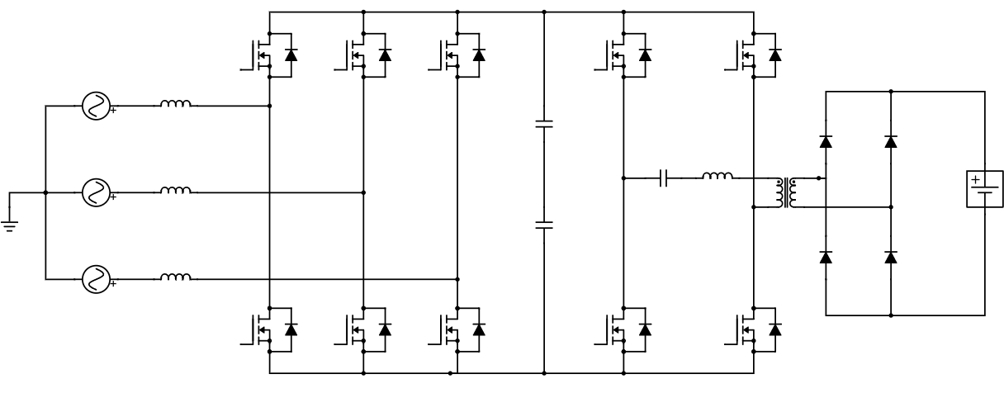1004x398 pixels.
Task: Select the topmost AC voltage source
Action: point(96,106)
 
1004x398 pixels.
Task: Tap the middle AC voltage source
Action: point(96,192)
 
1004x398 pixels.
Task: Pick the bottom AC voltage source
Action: point(96,279)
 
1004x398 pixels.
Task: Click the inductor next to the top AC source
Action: point(175,104)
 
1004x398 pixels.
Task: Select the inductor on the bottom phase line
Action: point(175,277)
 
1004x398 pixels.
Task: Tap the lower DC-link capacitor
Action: point(544,224)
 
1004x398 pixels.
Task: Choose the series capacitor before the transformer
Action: point(665,178)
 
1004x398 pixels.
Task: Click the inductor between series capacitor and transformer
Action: point(717,176)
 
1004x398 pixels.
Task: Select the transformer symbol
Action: point(784,192)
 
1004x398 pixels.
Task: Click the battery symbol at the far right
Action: point(983,190)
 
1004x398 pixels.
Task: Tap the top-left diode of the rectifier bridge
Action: point(825,141)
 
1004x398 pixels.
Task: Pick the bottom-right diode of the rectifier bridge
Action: point(890,258)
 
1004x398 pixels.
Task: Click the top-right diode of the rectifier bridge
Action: point(890,141)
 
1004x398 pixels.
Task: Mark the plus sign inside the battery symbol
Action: point(975,180)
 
